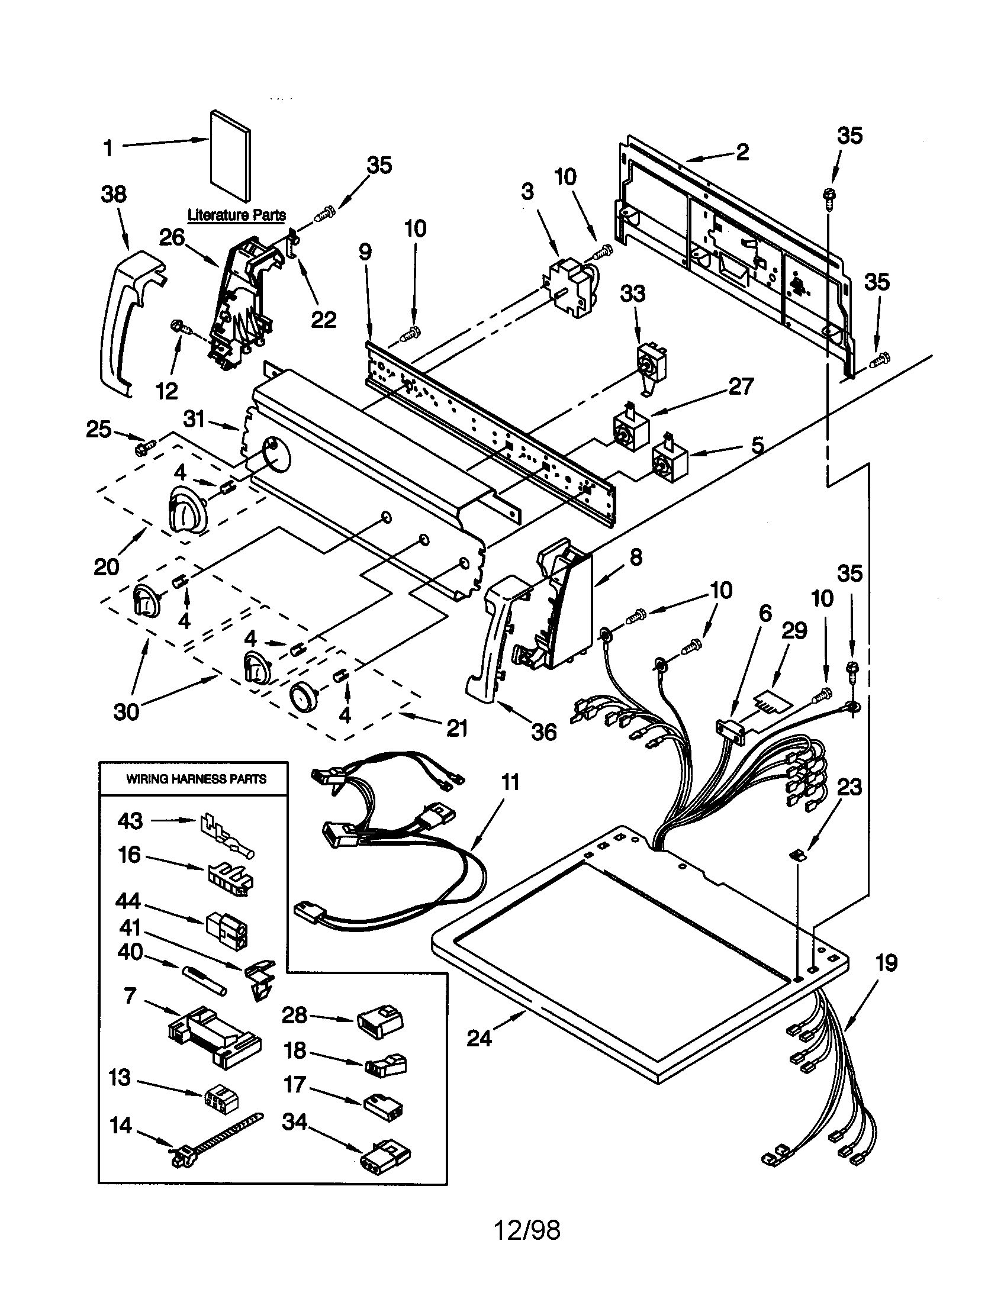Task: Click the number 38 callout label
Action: click(113, 194)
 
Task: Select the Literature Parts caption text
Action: click(237, 215)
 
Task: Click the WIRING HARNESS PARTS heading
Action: click(196, 779)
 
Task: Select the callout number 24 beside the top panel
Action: click(479, 1038)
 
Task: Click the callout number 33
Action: click(633, 294)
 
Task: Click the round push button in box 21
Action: click(303, 697)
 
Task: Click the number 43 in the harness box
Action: click(130, 821)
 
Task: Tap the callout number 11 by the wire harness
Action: click(510, 782)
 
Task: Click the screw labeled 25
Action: click(145, 444)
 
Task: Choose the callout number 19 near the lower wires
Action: click(887, 963)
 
